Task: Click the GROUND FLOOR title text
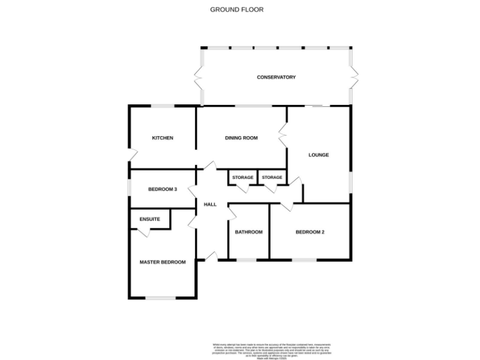(x=236, y=9)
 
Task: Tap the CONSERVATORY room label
(x=276, y=77)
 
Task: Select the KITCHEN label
(x=162, y=138)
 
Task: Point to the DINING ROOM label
(x=241, y=138)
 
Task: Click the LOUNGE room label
(x=318, y=155)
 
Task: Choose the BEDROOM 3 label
(x=162, y=189)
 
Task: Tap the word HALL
(x=210, y=204)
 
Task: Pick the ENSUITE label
(x=149, y=219)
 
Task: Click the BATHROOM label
(x=248, y=232)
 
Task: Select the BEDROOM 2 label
(x=309, y=232)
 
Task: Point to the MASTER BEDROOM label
(x=162, y=262)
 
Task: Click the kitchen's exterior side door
(x=129, y=154)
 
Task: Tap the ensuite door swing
(x=143, y=233)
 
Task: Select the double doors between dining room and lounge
(x=283, y=134)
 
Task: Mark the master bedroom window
(x=161, y=297)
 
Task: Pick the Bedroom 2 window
(x=304, y=259)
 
